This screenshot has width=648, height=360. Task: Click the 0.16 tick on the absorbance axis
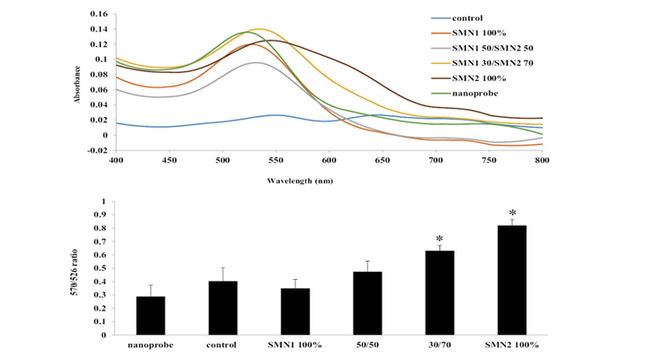pos(95,14)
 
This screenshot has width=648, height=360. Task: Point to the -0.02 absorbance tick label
pos(94,150)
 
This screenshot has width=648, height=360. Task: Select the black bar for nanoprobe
pos(151,316)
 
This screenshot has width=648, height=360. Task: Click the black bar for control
pos(222,308)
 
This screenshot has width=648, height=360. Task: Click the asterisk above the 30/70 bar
pos(440,238)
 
